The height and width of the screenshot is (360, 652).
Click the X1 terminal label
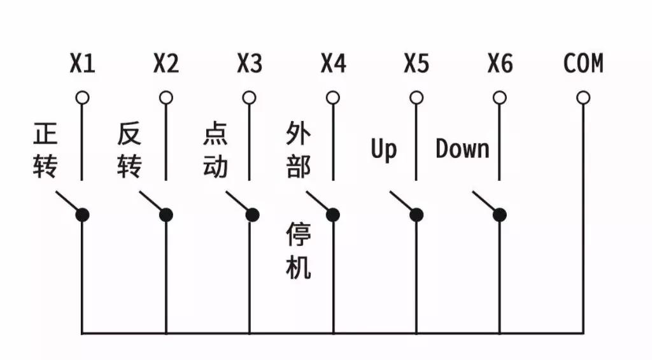82,64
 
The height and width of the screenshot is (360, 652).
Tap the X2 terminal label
166,64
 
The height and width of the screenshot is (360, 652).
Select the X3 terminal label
250,64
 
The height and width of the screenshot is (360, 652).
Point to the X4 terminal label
333,64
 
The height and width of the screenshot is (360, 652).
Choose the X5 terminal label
416,64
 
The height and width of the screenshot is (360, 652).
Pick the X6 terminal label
500,64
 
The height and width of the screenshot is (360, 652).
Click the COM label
583,64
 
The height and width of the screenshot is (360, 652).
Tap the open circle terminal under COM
583,97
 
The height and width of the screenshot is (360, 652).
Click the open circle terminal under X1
82,97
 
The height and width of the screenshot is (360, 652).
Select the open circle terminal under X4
332,97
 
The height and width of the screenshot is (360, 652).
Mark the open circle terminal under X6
499,97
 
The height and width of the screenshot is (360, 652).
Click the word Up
383,150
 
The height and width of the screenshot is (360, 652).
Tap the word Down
462,148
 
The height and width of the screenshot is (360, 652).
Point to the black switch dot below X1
82,215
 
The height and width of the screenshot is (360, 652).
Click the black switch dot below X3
252,215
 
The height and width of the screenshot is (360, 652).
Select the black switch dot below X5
416,215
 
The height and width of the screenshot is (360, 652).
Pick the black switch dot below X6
499,215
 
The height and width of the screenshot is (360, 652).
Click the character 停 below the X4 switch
298,234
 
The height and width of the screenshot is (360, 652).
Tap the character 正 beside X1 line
45,133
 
